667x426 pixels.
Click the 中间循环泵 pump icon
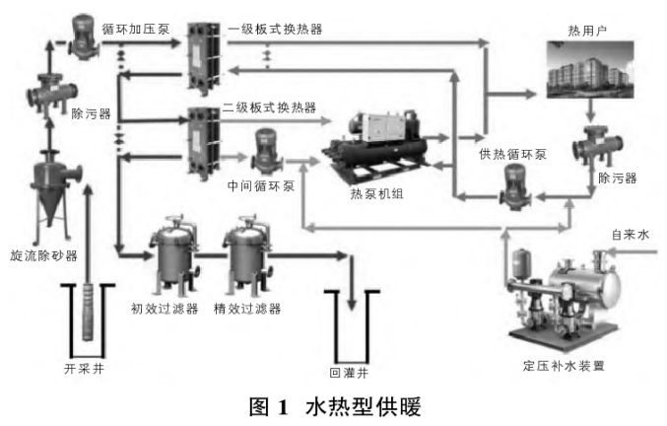(x=263, y=149)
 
